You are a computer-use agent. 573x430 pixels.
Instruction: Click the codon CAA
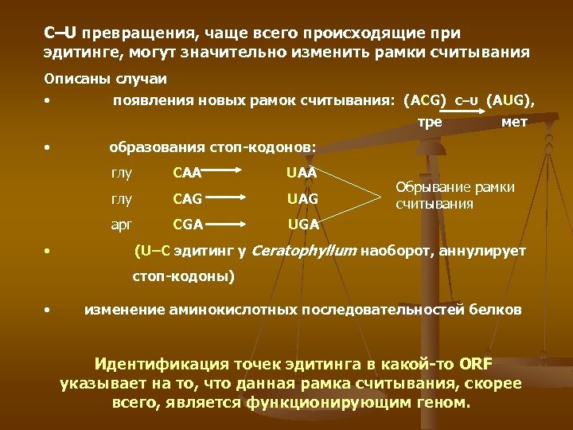(187, 171)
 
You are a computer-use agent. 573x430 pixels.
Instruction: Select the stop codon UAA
(302, 171)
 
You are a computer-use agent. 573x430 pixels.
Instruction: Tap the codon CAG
(187, 197)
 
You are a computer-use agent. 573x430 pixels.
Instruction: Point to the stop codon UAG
(302, 197)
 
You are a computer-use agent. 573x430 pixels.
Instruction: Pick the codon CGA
(187, 224)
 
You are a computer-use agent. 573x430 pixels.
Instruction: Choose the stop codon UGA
(302, 224)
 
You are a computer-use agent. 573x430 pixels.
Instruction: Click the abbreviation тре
(431, 122)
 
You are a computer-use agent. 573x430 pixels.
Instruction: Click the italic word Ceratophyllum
(304, 252)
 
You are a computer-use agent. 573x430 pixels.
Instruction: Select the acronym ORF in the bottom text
(476, 365)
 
